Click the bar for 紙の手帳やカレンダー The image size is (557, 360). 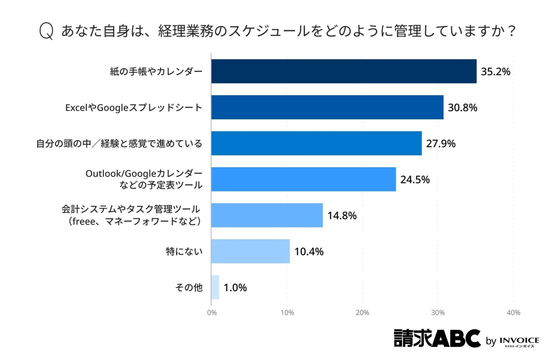point(343,71)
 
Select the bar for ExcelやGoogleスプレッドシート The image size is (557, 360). point(327,107)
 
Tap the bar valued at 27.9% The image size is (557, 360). point(316,144)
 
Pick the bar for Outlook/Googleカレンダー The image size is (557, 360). point(304,179)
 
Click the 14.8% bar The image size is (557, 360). point(267,215)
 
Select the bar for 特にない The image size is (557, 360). point(250,251)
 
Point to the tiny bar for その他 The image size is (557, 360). point(215,287)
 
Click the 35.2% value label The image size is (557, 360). point(495,72)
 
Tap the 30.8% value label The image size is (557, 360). point(462,108)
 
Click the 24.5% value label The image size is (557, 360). point(415,180)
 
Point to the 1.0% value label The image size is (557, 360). point(235,288)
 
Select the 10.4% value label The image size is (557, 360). point(309,252)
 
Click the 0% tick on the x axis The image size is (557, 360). point(212,313)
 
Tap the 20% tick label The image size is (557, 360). point(363,313)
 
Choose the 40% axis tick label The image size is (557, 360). point(513,313)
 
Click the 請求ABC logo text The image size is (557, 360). point(437,339)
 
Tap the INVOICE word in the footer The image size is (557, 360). point(519,340)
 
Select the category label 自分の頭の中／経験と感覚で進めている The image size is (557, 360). point(119,144)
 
